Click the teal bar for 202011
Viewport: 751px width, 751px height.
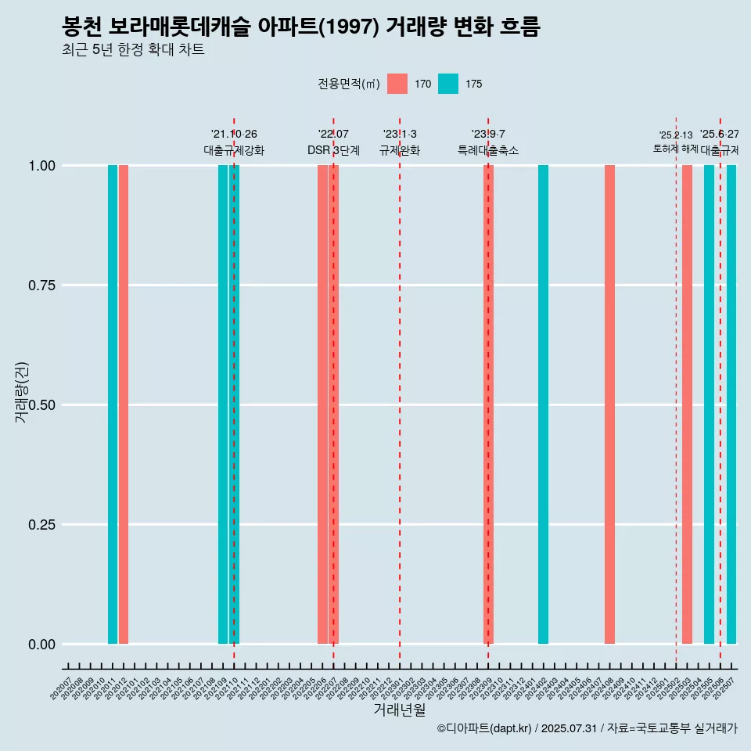point(113,404)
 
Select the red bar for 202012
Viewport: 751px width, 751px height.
point(124,404)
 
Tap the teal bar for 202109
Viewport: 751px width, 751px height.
point(223,404)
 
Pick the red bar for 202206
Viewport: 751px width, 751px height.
point(322,404)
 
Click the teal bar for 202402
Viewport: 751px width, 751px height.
point(543,404)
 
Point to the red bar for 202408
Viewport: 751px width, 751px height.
point(609,404)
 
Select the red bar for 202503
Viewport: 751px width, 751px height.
point(687,404)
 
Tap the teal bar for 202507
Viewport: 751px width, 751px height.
point(731,404)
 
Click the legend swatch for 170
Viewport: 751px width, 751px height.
point(397,84)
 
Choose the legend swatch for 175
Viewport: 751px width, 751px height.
point(448,84)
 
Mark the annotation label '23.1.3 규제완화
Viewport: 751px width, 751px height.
point(400,143)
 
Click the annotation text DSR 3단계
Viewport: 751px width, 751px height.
point(333,151)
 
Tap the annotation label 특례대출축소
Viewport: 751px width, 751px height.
point(488,151)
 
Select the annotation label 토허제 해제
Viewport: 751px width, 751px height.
point(676,149)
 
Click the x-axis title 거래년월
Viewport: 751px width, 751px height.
point(400,710)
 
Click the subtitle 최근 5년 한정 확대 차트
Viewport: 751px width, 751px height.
point(133,50)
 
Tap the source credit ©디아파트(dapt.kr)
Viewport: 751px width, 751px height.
point(485,729)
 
